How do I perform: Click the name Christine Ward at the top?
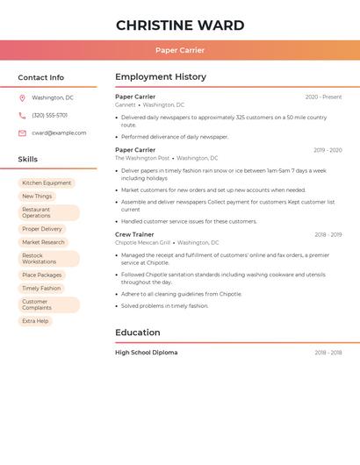point(180,25)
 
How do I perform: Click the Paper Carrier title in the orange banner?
point(180,50)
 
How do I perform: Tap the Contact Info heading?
point(40,77)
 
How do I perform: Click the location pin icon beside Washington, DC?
point(22,98)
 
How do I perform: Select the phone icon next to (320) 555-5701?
point(22,116)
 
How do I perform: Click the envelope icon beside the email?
point(22,133)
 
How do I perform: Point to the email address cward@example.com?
point(59,133)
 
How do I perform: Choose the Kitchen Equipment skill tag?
point(47,183)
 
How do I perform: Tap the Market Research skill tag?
point(43,242)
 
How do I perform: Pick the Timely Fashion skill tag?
point(41,288)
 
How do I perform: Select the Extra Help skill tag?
point(35,321)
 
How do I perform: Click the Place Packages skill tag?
point(42,275)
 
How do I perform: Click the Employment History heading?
point(161,77)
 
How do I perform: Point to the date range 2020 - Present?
point(323,97)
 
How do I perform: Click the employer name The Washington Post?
point(142,158)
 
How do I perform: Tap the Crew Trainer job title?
point(134,235)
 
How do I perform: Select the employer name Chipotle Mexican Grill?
point(142,243)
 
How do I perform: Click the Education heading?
point(138,333)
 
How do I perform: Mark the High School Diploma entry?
point(146,353)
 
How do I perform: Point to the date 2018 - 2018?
point(328,353)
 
